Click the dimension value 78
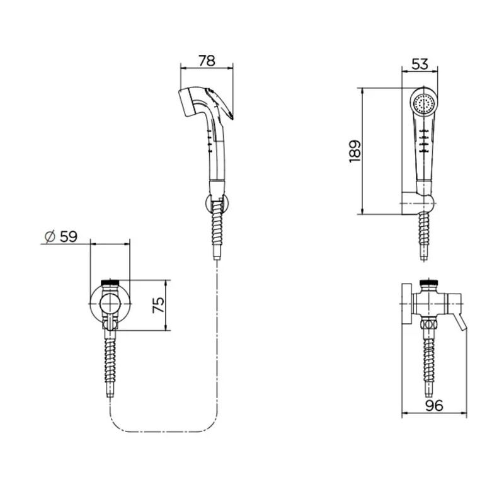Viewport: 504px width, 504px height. pos(207,60)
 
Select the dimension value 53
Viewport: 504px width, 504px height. pos(420,64)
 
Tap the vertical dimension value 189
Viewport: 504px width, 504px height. pos(355,151)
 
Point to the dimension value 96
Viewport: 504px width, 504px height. pos(434,405)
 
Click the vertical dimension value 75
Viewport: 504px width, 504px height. pos(158,305)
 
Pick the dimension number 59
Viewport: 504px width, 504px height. pos(69,237)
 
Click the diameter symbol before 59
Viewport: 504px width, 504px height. pos(50,237)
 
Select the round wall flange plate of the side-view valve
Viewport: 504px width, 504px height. pos(407,304)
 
